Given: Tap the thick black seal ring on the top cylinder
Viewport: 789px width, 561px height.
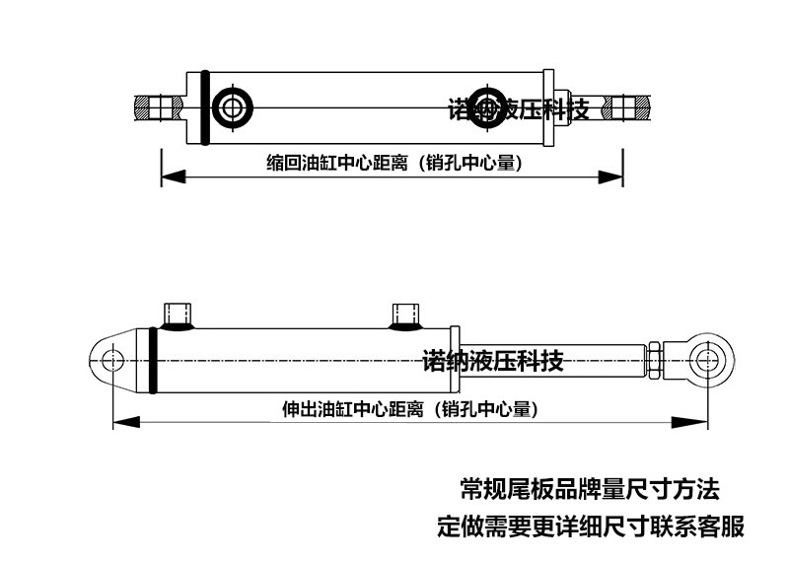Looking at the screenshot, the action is pos(205,107).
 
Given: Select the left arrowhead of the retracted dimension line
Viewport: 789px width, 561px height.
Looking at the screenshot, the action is pos(174,177).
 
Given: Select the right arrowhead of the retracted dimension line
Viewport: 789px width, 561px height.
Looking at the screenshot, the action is pos(610,177).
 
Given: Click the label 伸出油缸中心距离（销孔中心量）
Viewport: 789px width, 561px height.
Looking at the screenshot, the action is pos(410,409).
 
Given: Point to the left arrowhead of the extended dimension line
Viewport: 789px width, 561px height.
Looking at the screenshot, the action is pos(126,422).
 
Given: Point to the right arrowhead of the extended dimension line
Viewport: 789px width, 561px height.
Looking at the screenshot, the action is pos(689,422).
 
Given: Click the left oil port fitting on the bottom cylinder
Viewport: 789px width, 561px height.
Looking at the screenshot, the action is pos(178,316).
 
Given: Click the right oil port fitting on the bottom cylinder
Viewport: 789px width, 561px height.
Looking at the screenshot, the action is pos(405,316).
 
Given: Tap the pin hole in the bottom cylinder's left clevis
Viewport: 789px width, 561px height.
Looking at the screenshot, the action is pos(111,360).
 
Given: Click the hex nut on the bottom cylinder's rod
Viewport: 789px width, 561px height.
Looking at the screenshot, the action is pos(654,360).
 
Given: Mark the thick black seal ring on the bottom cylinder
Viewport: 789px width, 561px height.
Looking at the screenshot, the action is pos(153,360).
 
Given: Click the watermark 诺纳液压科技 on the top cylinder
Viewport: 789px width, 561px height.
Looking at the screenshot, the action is pos(519,109).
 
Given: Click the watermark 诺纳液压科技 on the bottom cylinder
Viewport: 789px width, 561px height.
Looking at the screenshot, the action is pos(492,361).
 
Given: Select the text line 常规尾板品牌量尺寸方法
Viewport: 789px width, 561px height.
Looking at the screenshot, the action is pos(590,489).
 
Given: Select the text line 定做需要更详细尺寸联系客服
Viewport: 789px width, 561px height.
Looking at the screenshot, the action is pos(591,526).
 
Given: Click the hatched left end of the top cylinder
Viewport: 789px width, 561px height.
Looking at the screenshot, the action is pos(142,108).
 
